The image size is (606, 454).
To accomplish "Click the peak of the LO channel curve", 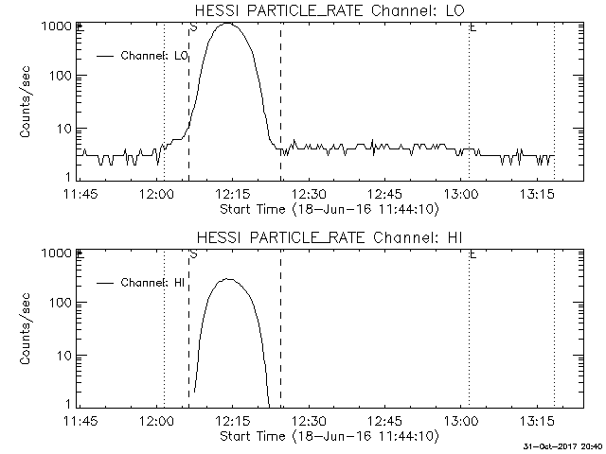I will coord(227,24).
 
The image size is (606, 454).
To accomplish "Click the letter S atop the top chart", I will coord(193,27).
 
